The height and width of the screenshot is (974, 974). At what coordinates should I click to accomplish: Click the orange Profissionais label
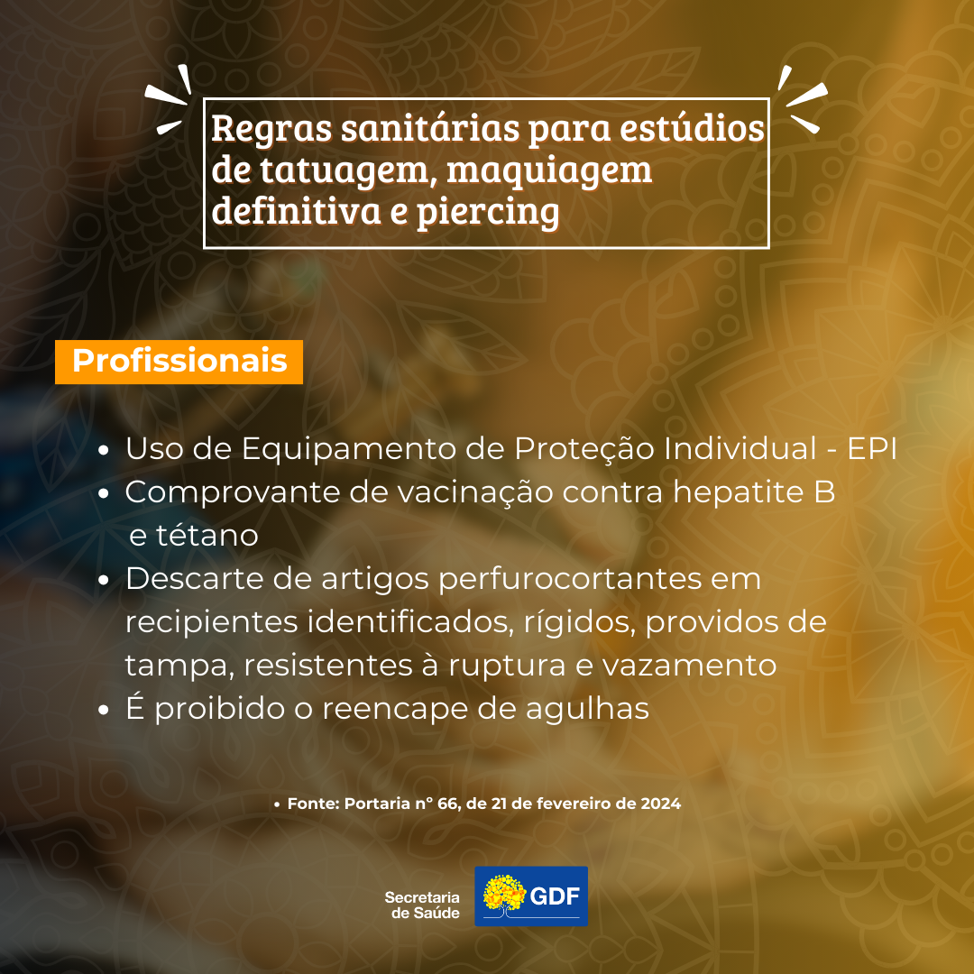tap(179, 362)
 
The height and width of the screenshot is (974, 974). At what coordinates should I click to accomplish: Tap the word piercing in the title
tap(488, 211)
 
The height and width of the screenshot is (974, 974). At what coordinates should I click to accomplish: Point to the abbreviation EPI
tap(872, 448)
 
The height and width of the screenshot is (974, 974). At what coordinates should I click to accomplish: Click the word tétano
tap(207, 536)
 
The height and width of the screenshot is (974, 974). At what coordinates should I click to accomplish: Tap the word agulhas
tap(587, 709)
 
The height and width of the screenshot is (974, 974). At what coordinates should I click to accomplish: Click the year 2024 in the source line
tap(660, 804)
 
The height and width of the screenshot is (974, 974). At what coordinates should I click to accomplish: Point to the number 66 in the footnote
tap(447, 804)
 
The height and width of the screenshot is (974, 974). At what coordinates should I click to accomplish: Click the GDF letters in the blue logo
tap(554, 896)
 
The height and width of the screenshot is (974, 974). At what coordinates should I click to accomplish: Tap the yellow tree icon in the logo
tap(504, 895)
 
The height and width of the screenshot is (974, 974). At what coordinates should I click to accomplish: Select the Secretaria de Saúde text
tap(422, 905)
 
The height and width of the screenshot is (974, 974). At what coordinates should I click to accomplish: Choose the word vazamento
tap(690, 666)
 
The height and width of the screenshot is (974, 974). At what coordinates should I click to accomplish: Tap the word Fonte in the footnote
tap(314, 804)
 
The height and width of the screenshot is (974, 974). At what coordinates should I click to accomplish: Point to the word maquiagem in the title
tap(549, 170)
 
